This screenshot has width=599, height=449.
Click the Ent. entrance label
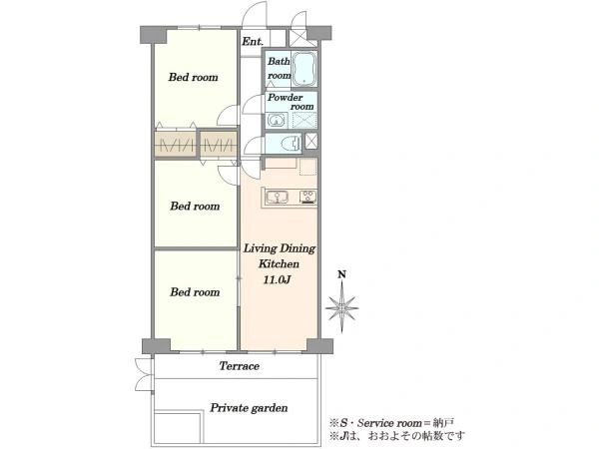(x=253, y=41)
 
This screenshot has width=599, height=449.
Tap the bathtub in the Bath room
(x=304, y=69)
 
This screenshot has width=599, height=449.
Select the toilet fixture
(x=291, y=144)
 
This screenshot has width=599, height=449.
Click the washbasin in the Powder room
(x=277, y=121)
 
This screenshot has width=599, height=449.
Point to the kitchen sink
(x=277, y=198)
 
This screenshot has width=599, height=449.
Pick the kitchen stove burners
(x=307, y=197)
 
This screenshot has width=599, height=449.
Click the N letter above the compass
(x=341, y=274)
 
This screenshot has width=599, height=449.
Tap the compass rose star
(x=341, y=307)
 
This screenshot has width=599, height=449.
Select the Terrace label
(x=240, y=366)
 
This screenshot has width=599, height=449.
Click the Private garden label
(x=249, y=408)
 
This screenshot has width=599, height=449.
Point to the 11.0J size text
(x=277, y=279)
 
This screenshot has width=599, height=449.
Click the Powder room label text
(x=291, y=102)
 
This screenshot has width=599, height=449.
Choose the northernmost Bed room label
(x=194, y=77)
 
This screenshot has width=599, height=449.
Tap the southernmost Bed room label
(x=195, y=292)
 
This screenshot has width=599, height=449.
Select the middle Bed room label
(x=195, y=207)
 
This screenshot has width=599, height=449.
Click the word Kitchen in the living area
(x=279, y=263)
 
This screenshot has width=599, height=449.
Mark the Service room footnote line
(x=392, y=423)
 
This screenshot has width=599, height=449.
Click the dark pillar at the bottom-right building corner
(x=319, y=346)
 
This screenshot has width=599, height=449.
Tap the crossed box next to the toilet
(x=310, y=141)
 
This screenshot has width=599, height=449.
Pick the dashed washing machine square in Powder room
(x=304, y=121)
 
